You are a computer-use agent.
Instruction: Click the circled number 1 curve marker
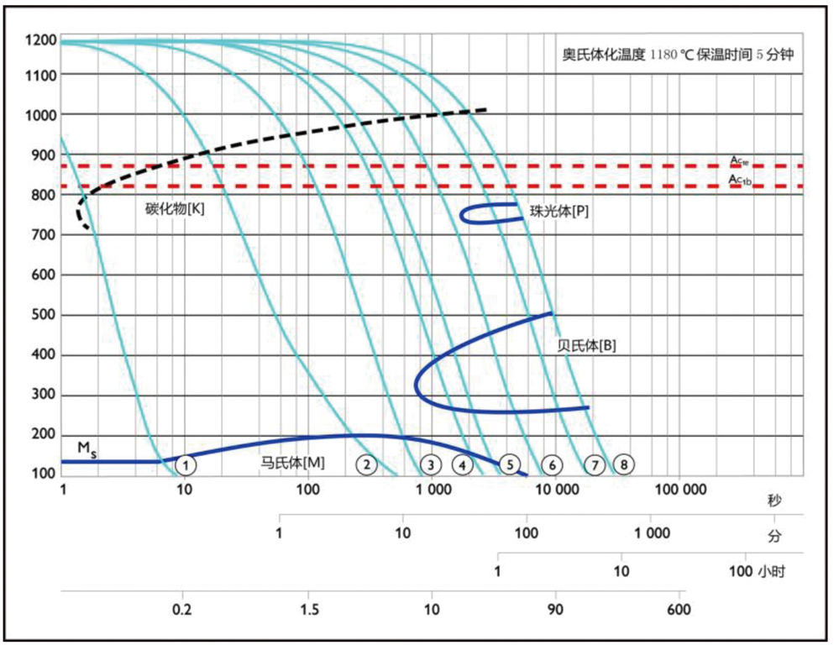coord(186,463)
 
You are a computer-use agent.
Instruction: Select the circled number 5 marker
coord(509,463)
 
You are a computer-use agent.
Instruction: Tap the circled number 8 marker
coord(622,463)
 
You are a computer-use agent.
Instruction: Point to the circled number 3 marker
coord(430,463)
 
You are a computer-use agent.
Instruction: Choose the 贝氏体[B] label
coord(587,344)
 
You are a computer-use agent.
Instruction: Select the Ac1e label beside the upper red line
coord(740,160)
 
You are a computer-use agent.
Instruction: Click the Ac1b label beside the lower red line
coord(740,179)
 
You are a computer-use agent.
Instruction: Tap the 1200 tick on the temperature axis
coord(40,40)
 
